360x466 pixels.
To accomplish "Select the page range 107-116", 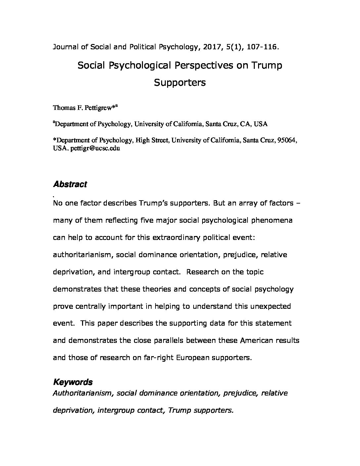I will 262,47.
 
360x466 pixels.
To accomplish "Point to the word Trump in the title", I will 267,66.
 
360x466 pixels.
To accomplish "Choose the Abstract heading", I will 70,184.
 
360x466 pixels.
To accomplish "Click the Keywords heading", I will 73,382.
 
